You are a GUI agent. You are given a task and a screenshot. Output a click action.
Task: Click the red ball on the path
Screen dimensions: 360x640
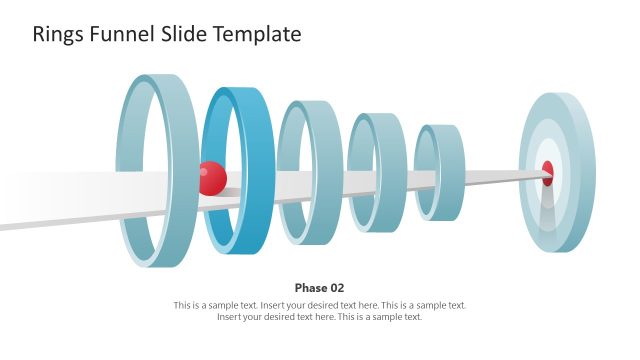pos(212,178)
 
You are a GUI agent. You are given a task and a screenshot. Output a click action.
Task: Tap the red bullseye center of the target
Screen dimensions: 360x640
pos(547,173)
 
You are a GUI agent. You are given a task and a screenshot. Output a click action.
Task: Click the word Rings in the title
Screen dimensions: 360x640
pos(58,34)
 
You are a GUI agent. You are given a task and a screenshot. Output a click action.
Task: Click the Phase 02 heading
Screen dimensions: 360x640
pos(320,287)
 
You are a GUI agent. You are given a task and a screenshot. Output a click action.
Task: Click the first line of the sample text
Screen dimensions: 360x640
pos(320,305)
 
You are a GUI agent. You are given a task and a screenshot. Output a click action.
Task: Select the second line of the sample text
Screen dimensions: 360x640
pos(320,317)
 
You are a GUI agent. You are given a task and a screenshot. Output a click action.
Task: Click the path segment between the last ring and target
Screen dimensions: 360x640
pos(495,177)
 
